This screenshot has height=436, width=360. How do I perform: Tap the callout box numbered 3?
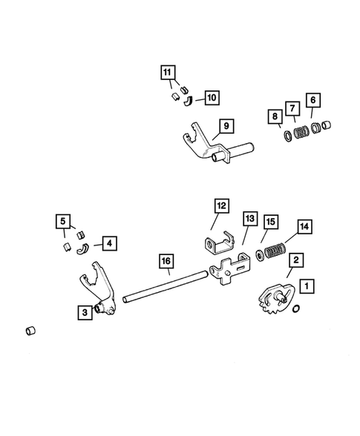coord(87,312)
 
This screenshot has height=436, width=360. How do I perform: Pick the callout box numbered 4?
coord(108,242)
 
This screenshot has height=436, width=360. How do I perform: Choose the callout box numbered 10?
coord(211,96)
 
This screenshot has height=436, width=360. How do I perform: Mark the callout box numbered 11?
coord(168,73)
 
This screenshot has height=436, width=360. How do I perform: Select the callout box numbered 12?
coord(222,205)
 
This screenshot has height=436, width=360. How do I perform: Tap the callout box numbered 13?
coord(249,219)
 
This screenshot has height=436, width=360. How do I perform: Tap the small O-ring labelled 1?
coord(297,308)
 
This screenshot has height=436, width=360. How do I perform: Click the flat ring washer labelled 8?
coord(284,136)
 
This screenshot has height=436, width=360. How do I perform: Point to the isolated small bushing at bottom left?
coord(32,329)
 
